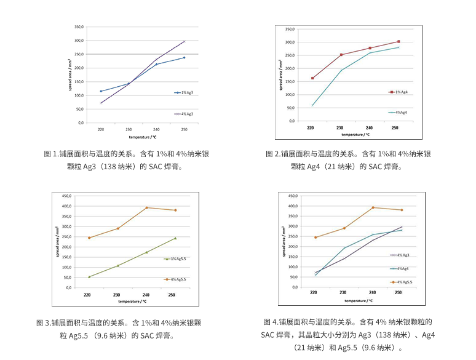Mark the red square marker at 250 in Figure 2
coord(398,42)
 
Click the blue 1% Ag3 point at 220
coord(101,91)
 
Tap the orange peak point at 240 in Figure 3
coord(146,207)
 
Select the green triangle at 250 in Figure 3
coord(175,238)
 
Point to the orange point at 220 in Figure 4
coord(315,238)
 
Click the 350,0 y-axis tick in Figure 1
coord(79,27)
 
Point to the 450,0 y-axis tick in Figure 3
coord(67,196)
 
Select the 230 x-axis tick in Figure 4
coord(343,294)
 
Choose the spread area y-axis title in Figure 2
coord(280,74)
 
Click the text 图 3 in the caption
coord(42,322)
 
